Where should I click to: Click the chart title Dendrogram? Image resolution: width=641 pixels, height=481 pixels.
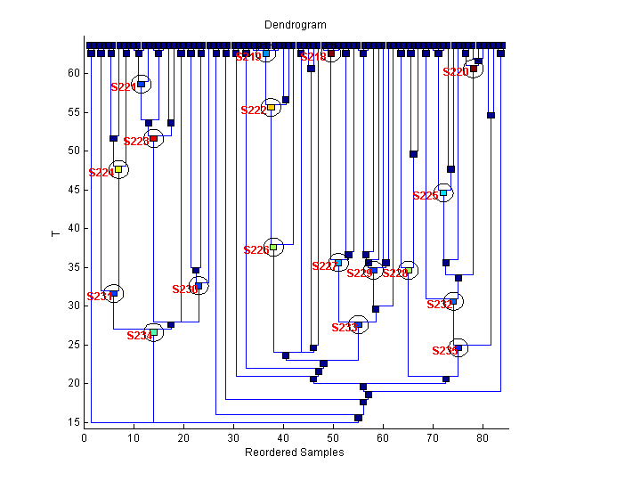tap(295, 25)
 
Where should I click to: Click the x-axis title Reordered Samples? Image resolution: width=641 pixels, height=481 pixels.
tap(294, 452)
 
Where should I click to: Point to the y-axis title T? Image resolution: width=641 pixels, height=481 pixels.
tap(55, 233)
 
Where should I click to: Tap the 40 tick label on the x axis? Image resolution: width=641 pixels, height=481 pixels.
tap(283, 437)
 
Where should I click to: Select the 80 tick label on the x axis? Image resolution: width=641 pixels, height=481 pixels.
tap(483, 437)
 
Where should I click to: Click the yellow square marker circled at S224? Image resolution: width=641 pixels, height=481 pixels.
tap(118, 169)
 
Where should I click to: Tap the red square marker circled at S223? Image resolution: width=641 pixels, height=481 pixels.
tap(153, 138)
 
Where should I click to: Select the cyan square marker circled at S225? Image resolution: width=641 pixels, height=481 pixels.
tap(443, 192)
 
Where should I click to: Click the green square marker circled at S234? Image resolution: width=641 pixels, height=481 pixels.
tap(153, 332)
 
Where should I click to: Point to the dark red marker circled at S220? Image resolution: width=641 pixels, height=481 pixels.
tap(474, 69)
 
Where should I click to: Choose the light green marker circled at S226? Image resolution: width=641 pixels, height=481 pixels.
tap(273, 247)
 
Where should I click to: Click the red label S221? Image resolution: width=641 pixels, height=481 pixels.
tap(123, 87)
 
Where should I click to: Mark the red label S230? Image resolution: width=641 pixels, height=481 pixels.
tap(184, 289)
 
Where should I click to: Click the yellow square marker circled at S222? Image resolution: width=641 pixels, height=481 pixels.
tap(272, 107)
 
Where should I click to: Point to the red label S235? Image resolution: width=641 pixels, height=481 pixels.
tap(444, 351)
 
